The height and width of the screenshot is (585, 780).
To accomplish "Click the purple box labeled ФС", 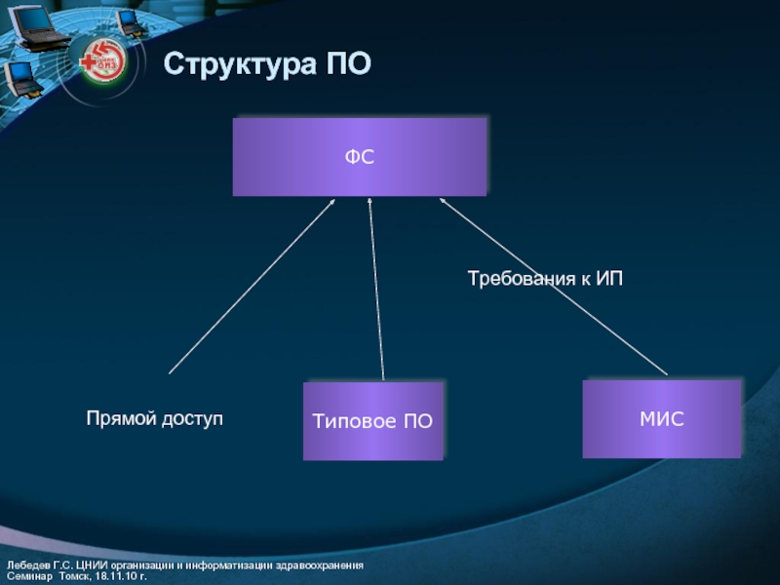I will [359, 156].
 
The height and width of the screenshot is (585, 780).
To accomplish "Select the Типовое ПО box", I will [373, 421].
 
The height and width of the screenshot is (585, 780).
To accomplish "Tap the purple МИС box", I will [661, 419].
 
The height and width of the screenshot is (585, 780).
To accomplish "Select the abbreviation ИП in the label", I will [608, 279].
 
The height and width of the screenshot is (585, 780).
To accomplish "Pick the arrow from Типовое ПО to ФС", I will [376, 292].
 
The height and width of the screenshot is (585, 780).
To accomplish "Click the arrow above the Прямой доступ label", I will [252, 287].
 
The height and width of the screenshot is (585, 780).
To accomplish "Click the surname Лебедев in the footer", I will [27, 566].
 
